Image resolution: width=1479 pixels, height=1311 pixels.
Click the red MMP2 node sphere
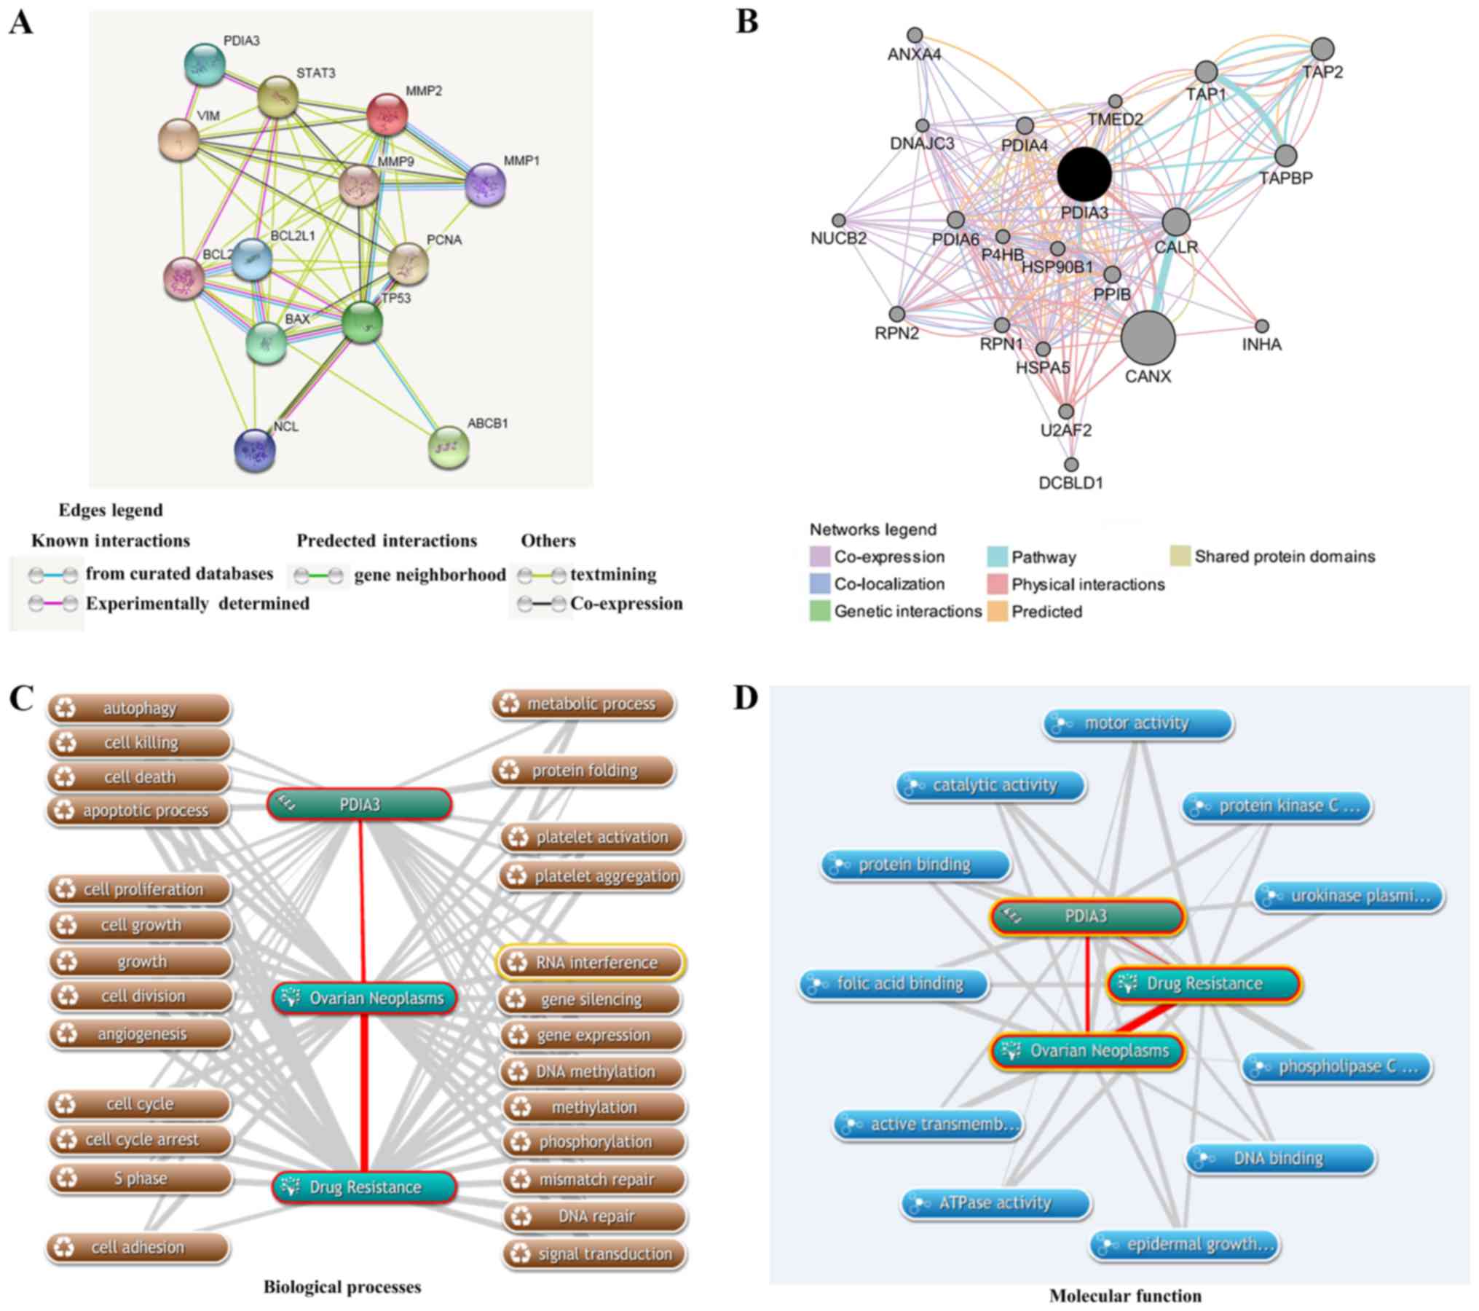387,114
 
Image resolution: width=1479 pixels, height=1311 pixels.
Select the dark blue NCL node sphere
255,450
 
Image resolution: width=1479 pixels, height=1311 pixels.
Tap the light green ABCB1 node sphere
449,448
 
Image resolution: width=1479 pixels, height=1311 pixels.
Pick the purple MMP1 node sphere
485,184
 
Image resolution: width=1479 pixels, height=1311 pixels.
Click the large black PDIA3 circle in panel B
1084,173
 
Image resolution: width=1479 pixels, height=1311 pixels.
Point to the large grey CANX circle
1148,337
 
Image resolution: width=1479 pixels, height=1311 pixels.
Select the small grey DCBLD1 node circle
1071,464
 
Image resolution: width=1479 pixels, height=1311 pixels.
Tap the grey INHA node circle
1262,326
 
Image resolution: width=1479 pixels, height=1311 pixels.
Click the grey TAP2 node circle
1322,50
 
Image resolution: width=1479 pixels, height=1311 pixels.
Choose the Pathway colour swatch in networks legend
997,556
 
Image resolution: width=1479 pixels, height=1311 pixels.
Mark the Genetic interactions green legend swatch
820,610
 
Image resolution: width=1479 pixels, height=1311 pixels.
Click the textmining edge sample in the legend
540,575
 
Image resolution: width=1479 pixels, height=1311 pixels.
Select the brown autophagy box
138,708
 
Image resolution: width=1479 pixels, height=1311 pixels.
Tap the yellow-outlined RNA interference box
591,962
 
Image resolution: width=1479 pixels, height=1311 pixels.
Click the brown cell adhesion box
138,1248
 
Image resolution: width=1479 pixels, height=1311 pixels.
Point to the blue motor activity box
1137,723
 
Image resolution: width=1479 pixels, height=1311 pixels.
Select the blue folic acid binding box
894,984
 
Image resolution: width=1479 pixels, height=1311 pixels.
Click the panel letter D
746,698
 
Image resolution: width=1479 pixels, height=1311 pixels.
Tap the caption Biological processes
342,1287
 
